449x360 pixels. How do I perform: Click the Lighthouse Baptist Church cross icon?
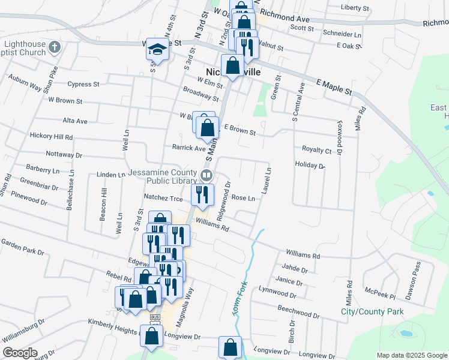55,46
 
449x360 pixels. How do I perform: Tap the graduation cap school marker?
157,49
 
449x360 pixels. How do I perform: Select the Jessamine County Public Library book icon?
206,175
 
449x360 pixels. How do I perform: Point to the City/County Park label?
372,311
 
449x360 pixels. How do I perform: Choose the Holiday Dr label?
310,166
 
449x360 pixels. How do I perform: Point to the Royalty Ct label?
316,150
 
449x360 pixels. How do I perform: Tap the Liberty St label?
355,8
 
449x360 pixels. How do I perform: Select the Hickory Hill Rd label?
51,136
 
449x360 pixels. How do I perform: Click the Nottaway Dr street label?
64,155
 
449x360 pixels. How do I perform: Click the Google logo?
20,353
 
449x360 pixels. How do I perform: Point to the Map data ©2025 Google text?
411,355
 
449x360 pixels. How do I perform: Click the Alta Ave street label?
75,121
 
